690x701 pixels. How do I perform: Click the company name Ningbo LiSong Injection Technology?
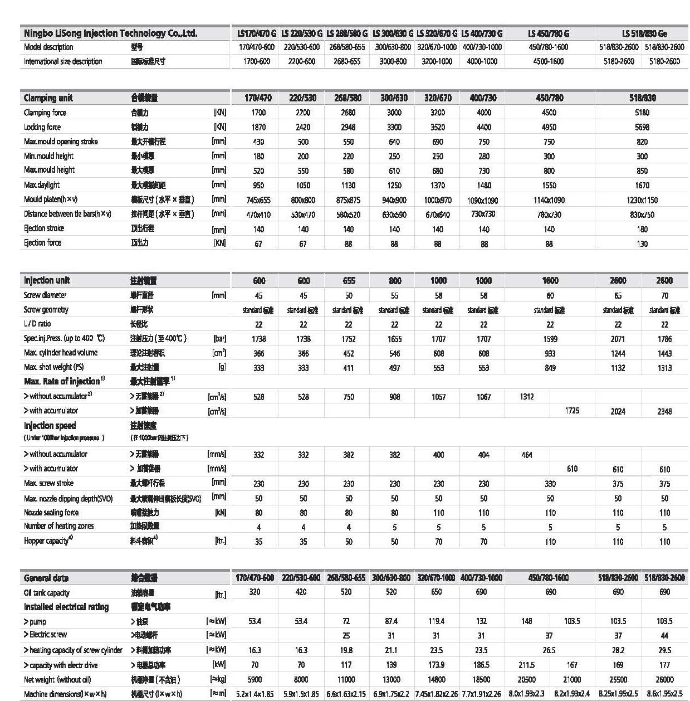(x=110, y=33)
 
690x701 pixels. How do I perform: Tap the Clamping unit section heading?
(x=48, y=98)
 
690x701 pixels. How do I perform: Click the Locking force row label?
(x=42, y=127)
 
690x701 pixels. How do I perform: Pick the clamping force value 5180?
(x=642, y=113)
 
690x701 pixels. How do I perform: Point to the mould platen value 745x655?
(x=258, y=200)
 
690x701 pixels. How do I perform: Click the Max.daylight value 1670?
(x=642, y=186)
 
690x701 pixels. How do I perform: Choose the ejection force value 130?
(x=642, y=244)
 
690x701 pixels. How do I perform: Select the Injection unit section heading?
(x=47, y=280)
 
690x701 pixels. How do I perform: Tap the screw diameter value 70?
(x=664, y=295)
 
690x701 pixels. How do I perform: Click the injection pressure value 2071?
(x=618, y=339)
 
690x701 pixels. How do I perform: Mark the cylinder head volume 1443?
(x=664, y=353)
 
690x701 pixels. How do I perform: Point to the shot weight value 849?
(x=550, y=368)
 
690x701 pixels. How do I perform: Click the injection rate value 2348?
(x=664, y=411)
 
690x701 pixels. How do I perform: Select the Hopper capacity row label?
(x=48, y=541)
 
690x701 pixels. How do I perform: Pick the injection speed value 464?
(x=526, y=455)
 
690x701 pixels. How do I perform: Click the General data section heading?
(x=46, y=578)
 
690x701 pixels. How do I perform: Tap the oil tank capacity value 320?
(x=255, y=592)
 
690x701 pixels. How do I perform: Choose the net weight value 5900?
(x=255, y=679)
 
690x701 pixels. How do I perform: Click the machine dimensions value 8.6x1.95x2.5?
(x=664, y=694)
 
